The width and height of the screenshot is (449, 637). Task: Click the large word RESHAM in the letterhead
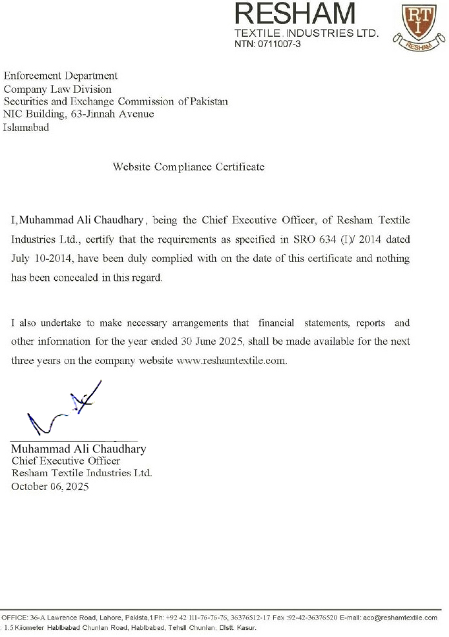click(x=296, y=14)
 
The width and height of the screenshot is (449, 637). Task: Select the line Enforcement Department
click(x=61, y=76)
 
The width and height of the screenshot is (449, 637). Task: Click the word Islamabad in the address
click(x=26, y=127)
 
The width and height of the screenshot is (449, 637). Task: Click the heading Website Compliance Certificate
click(x=189, y=167)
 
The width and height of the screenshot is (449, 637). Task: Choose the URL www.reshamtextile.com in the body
click(x=231, y=361)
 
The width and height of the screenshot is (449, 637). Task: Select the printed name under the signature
click(x=78, y=449)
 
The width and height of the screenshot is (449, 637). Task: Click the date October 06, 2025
click(x=50, y=487)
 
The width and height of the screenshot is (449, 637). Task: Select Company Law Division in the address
click(x=57, y=89)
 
